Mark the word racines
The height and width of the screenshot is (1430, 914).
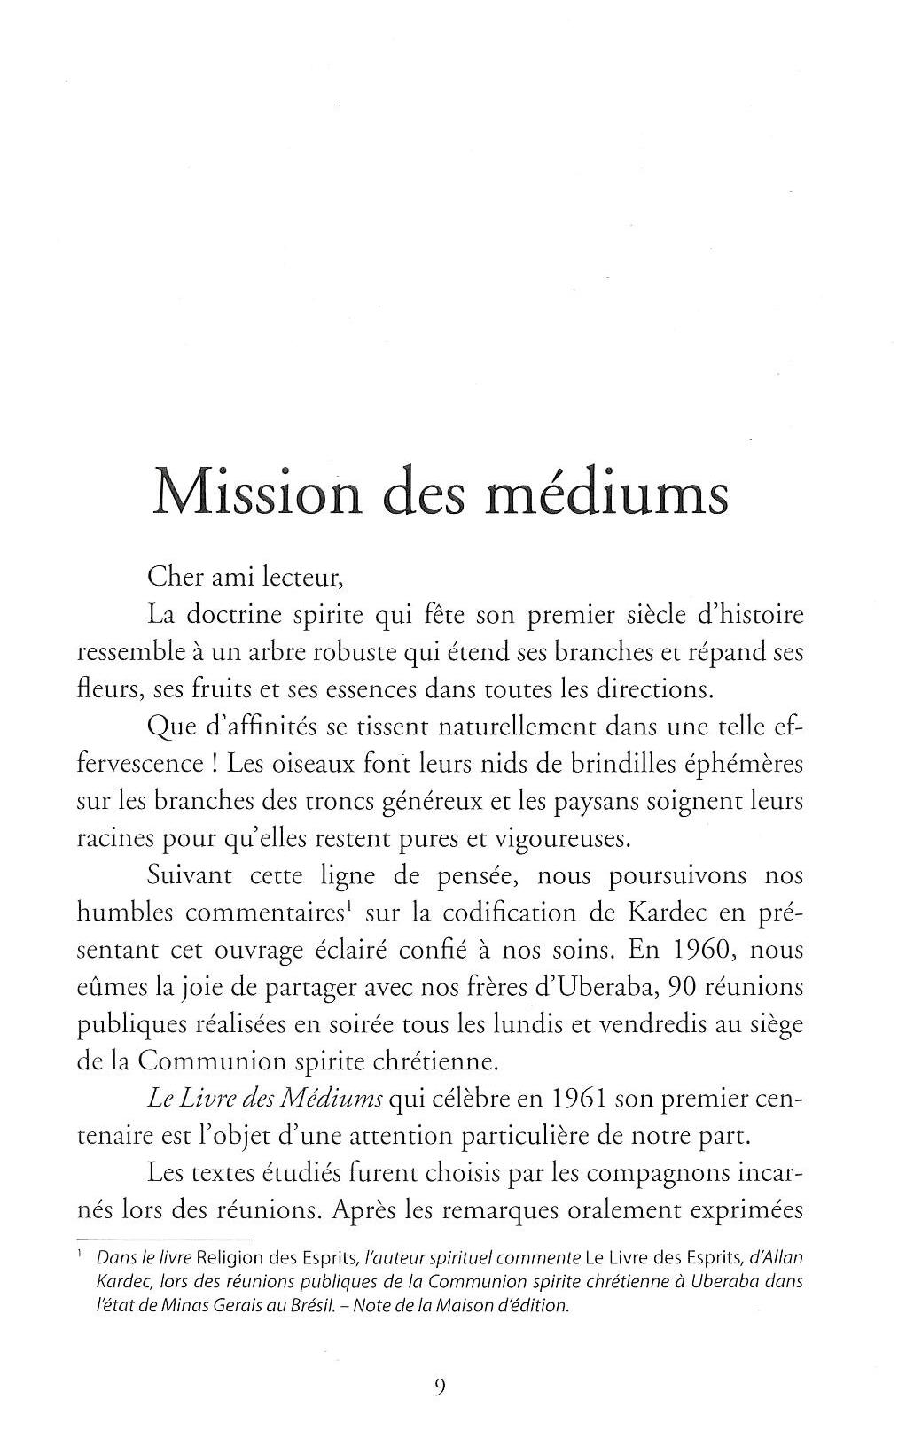(x=115, y=838)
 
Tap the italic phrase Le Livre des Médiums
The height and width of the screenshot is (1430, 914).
(x=264, y=1099)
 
